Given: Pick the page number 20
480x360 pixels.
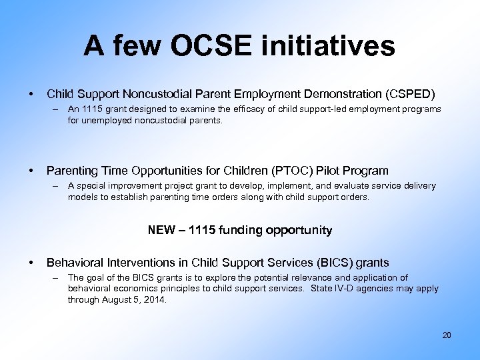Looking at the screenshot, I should [x=447, y=335].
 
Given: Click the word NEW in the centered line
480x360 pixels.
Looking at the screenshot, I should [x=161, y=230].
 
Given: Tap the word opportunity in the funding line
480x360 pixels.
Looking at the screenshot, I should [x=298, y=230].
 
